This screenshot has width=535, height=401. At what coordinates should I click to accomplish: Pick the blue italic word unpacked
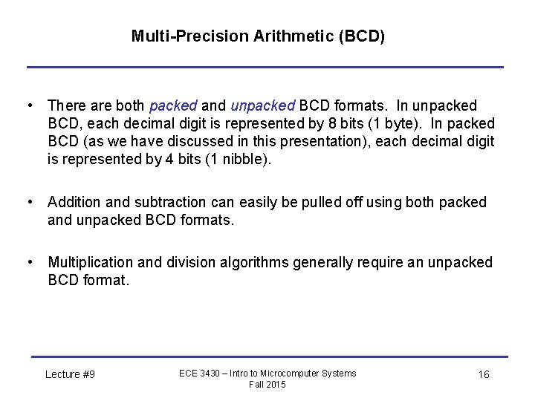[262, 105]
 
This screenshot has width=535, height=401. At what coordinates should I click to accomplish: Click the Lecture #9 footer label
[70, 374]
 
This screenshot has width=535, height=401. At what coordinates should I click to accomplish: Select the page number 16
[483, 374]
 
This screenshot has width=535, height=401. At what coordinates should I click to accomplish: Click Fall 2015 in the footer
[267, 384]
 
